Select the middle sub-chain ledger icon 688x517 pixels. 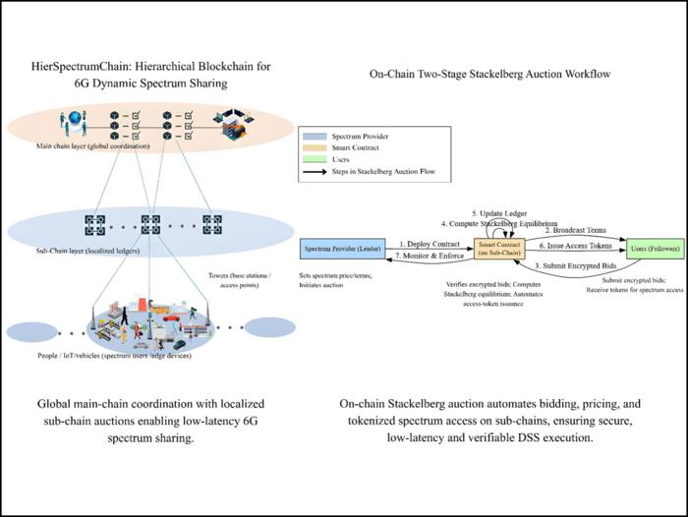[x=150, y=223]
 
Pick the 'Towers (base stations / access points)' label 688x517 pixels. [x=236, y=282]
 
